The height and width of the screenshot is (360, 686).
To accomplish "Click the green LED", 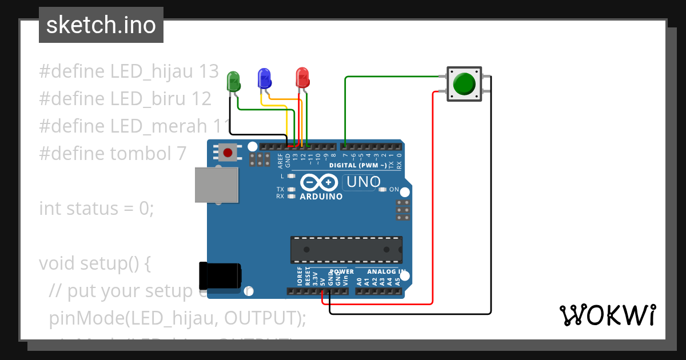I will [x=234, y=81].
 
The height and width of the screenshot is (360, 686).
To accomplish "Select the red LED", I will [x=302, y=78].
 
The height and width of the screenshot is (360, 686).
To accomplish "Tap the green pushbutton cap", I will [x=464, y=84].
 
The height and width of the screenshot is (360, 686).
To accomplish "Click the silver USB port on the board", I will [x=217, y=185].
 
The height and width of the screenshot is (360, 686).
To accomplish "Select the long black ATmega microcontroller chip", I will [x=345, y=250].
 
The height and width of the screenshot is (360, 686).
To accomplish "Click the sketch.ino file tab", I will [x=101, y=25].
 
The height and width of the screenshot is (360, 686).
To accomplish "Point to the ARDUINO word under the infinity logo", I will [x=321, y=197].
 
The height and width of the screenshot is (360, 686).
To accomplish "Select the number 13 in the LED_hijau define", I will [x=209, y=71].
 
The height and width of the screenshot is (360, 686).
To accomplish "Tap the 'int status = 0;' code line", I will [x=97, y=209].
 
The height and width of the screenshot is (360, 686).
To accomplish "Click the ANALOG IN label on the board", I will [x=386, y=272].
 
